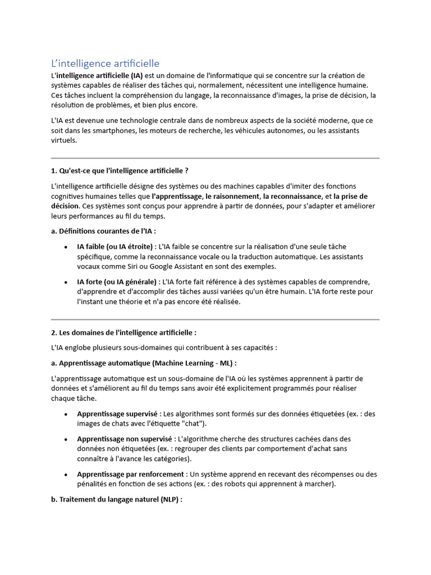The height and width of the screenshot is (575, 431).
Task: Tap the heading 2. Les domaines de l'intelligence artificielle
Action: pyautogui.click(x=123, y=332)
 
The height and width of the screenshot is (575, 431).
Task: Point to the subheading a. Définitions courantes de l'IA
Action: pyautogui.click(x=104, y=231)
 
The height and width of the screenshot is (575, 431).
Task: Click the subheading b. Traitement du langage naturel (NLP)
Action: pyautogui.click(x=117, y=499)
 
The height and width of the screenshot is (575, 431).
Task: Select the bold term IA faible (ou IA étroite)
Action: pyautogui.click(x=116, y=246)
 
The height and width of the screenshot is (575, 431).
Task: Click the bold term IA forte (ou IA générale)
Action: pyautogui.click(x=117, y=281)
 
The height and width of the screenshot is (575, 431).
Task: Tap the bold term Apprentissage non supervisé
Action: pyautogui.click(x=125, y=439)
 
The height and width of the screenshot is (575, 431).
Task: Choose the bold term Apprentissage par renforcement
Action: pyautogui.click(x=130, y=474)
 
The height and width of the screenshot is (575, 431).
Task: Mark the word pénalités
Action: pyautogui.click(x=92, y=484)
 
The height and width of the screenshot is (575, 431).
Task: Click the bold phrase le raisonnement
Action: pyautogui.click(x=232, y=197)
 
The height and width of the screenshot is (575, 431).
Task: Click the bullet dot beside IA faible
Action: pyautogui.click(x=66, y=247)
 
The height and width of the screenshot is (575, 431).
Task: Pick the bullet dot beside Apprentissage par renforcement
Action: pyautogui.click(x=66, y=474)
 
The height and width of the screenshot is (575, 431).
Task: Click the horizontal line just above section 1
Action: pyautogui.click(x=215, y=158)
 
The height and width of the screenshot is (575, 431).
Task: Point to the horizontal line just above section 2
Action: pyautogui.click(x=215, y=320)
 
